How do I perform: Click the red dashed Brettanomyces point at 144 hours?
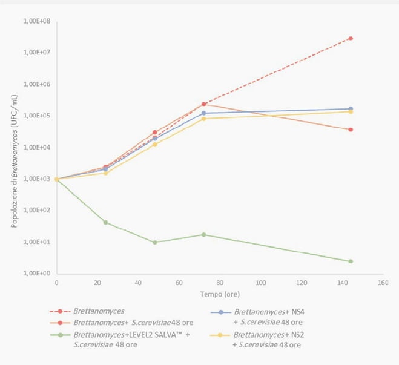click(x=351, y=38)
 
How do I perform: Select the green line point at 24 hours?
click(x=105, y=222)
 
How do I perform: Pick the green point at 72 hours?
click(x=203, y=235)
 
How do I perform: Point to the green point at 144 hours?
click(x=351, y=261)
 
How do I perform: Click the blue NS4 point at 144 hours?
click(x=351, y=109)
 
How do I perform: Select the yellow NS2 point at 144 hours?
click(x=351, y=112)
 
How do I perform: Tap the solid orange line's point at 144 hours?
click(x=351, y=130)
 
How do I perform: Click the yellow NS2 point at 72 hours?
click(x=203, y=119)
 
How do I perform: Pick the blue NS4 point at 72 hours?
click(x=203, y=113)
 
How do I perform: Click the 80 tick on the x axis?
click(x=220, y=283)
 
